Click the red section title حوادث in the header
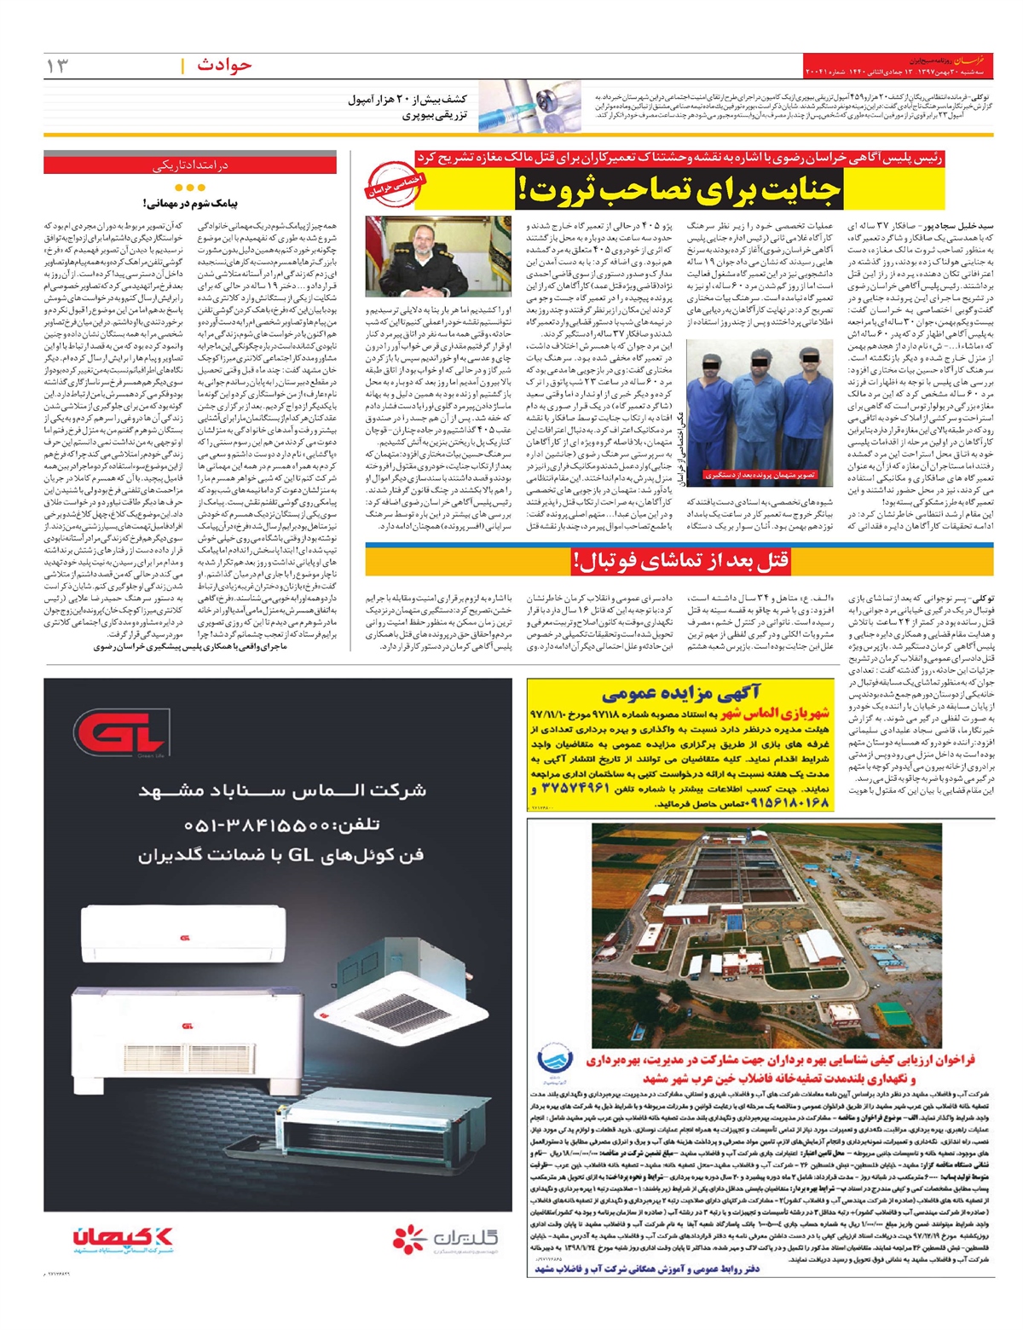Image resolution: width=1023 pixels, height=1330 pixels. [x=224, y=65]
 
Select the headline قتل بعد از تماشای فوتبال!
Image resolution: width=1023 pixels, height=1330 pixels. [x=681, y=560]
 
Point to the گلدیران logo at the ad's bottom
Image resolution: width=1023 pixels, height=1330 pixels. [x=443, y=1238]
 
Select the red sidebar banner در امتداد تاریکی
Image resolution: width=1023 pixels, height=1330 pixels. [x=190, y=165]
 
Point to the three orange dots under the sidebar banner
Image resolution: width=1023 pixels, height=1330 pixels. [x=189, y=188]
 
